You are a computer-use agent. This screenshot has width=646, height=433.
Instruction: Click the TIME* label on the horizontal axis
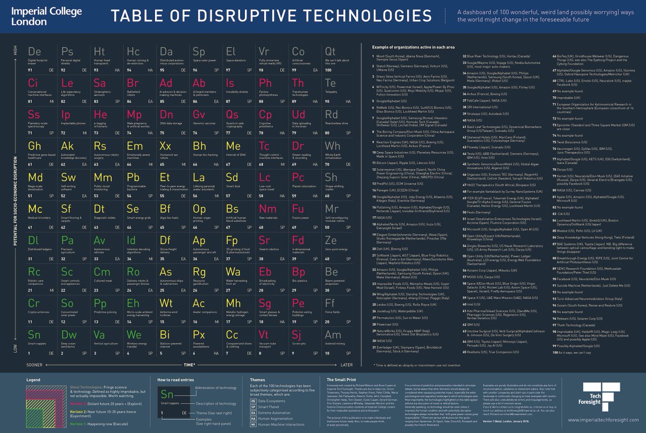pos(188,365)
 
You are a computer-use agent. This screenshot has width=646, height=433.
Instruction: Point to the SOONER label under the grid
pos(34,365)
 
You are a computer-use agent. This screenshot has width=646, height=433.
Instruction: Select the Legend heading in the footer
pos(33,380)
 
